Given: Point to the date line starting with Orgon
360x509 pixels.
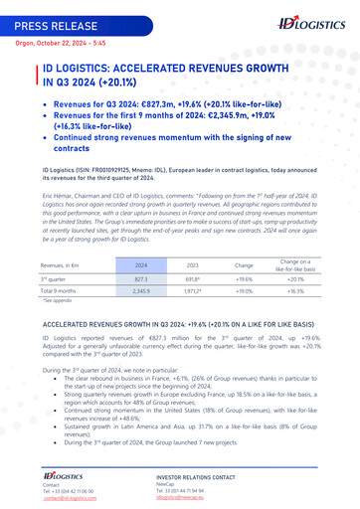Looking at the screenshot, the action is tap(52, 44).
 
